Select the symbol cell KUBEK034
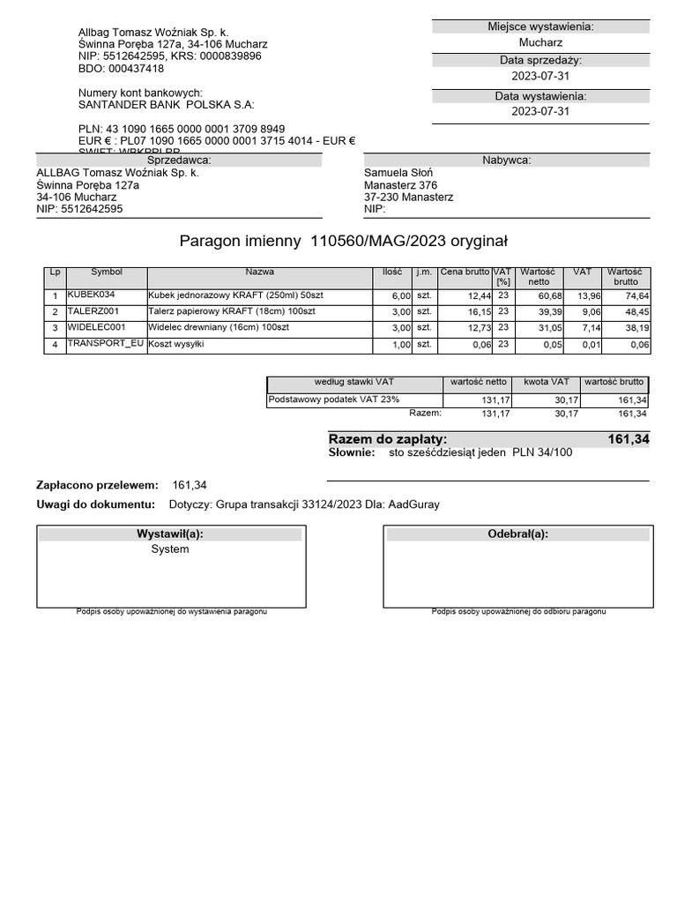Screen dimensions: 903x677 coord(91,295)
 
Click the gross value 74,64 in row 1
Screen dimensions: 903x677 coord(635,296)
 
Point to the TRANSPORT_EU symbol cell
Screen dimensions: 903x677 coord(105,343)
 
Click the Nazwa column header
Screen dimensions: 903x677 coord(260,272)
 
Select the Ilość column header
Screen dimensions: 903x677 coord(392,272)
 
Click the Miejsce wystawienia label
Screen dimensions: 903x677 coord(540,26)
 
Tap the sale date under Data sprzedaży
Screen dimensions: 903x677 coord(540,77)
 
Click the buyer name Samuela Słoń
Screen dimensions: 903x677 coord(398,173)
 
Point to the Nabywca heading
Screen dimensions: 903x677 coord(506,160)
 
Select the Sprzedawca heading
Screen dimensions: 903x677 coord(179,160)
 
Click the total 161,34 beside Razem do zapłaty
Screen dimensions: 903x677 coord(627,439)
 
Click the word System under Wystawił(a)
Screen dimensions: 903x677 coord(170,549)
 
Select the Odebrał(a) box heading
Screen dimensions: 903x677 coord(517,534)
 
